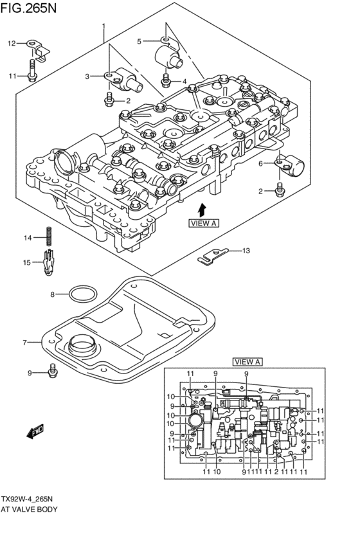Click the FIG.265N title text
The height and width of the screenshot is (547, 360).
pyautogui.click(x=28, y=8)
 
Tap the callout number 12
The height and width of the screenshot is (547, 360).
pyautogui.click(x=12, y=43)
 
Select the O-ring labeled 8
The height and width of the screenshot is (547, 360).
pyautogui.click(x=83, y=294)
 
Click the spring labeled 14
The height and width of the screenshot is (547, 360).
pyautogui.click(x=50, y=237)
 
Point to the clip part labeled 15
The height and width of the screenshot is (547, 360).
pyautogui.click(x=48, y=263)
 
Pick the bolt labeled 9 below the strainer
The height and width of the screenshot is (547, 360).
pyautogui.click(x=53, y=370)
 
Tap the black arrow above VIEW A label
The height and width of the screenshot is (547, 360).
pyautogui.click(x=202, y=210)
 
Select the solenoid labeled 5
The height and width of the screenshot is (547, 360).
pyautogui.click(x=168, y=54)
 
